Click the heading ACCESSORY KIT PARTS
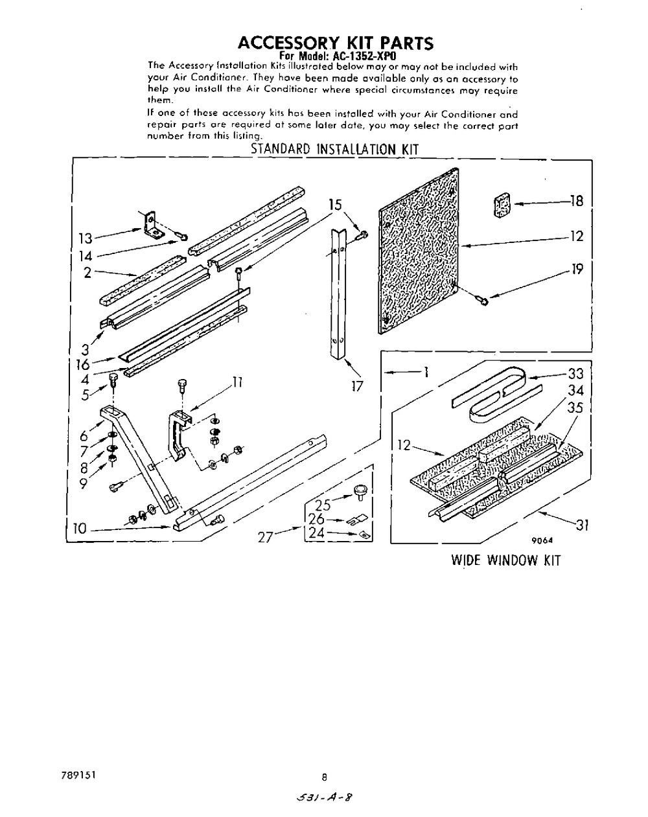coord(335,43)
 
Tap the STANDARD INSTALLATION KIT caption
coord(334,149)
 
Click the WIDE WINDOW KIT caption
coord(505,560)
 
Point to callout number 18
coord(576,201)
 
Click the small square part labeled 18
coord(501,205)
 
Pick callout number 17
coord(357,386)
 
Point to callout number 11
coord(237,382)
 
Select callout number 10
coord(79,529)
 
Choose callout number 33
coord(575,374)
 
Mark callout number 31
coord(581,526)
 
